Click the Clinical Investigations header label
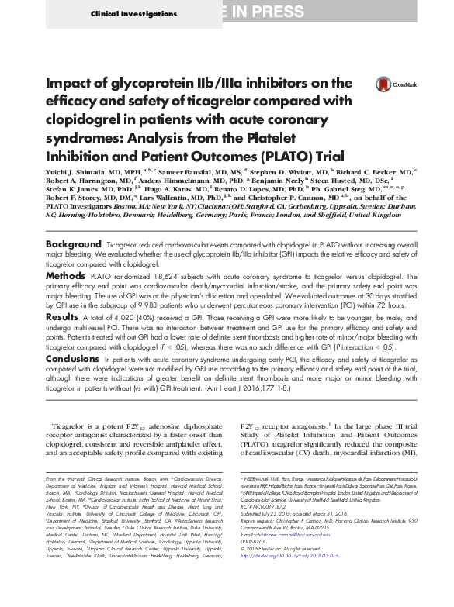125,15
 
